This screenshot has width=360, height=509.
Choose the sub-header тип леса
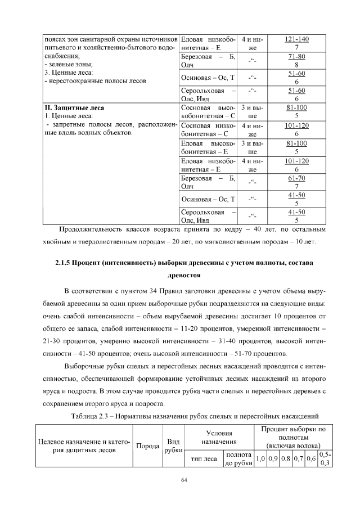(x=202, y=458)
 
